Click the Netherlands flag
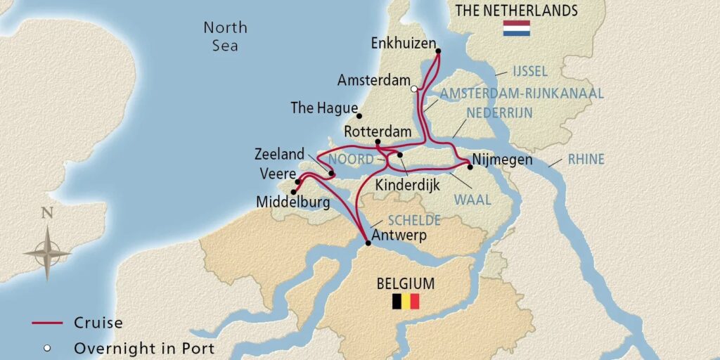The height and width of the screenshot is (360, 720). pos(516,29)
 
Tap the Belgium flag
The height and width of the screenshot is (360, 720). pos(406,302)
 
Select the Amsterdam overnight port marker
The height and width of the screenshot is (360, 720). pos(414,89)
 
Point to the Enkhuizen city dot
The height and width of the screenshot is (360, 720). pos(438,51)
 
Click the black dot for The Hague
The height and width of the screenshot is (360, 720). pos(359,116)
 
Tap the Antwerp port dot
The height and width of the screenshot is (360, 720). pos(368,243)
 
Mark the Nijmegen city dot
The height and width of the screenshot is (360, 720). pos(470,167)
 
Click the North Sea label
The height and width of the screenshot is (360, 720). pos(225,37)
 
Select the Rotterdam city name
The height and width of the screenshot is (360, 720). pos(377,132)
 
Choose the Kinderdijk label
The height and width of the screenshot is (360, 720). pos(405,188)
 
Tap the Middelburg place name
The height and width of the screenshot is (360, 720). pos(292,202)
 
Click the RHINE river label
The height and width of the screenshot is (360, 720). pos(586,160)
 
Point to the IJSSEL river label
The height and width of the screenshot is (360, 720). pos(529,72)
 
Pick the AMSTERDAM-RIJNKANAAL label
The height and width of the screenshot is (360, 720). pos(522,94)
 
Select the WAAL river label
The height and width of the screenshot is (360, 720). pos(472,200)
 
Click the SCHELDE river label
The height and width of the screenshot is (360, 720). pos(416,220)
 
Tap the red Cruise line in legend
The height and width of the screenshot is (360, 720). pos(49,323)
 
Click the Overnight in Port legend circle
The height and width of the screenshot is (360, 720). pos(48,347)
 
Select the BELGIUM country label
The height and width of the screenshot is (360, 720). pos(405,284)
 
